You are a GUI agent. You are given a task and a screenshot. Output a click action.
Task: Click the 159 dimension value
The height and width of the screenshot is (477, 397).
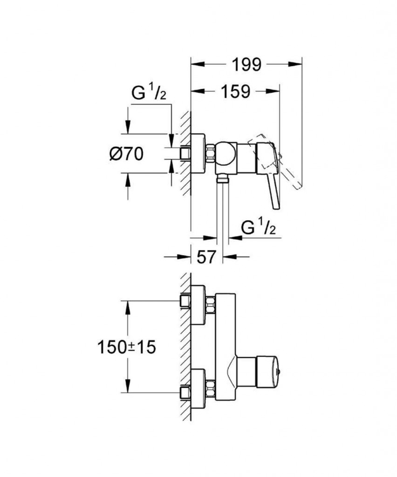click(235, 91)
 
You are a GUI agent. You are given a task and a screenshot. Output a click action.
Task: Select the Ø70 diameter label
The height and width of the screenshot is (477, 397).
click(126, 153)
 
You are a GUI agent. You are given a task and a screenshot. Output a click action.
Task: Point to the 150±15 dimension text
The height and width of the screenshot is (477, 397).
click(126, 347)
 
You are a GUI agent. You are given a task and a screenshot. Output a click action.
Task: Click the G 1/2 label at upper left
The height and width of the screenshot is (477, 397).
click(149, 94)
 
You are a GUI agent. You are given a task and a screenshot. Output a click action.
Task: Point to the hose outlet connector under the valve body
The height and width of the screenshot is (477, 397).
click(223, 177)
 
